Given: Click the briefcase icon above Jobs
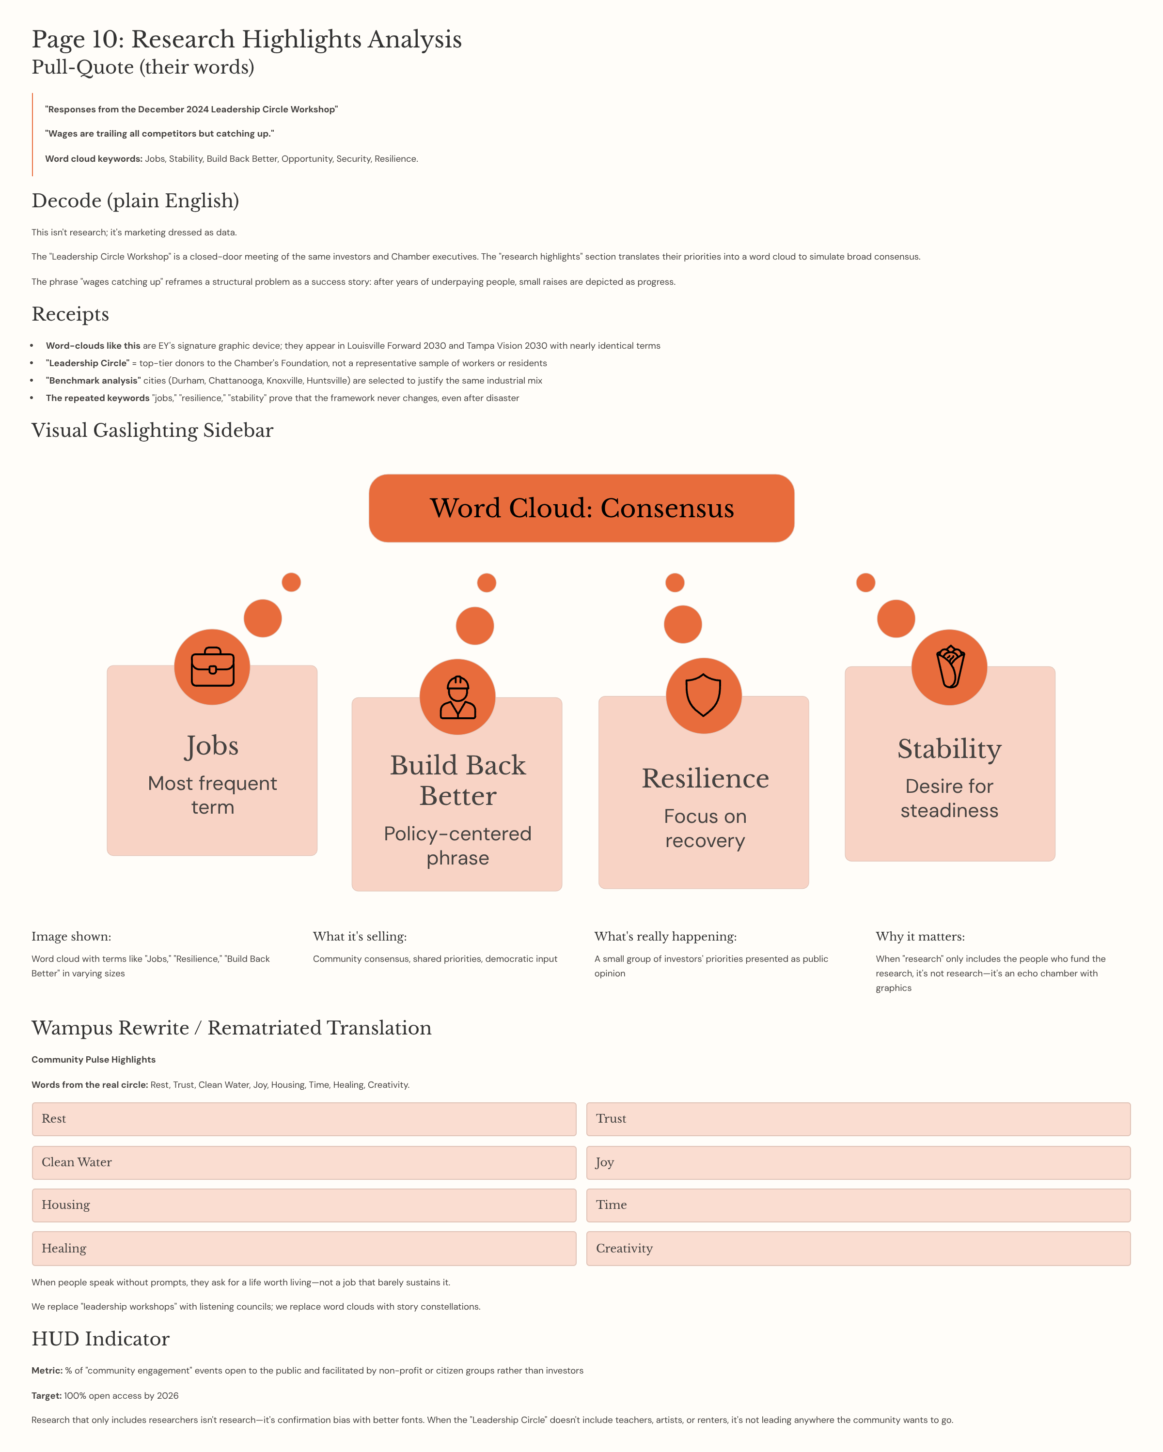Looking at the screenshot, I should click(212, 667).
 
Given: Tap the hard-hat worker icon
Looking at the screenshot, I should click(457, 697).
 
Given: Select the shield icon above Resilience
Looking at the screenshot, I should click(704, 695).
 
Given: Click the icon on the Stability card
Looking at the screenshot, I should click(949, 667).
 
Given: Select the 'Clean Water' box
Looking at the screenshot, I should click(304, 1162).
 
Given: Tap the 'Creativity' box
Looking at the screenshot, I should click(858, 1249).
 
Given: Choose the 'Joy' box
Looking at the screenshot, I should click(858, 1162).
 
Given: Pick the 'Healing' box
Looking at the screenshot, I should click(304, 1249).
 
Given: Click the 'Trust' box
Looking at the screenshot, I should click(858, 1119).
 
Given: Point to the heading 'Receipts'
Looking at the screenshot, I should click(70, 314).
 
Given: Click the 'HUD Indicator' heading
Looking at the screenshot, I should click(100, 1339).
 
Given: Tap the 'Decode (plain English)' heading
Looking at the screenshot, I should click(135, 201).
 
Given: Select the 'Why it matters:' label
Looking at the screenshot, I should click(920, 937).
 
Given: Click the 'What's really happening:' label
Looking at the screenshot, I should click(665, 937).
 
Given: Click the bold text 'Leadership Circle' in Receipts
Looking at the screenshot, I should click(88, 364).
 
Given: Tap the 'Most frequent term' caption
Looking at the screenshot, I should click(212, 795).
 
